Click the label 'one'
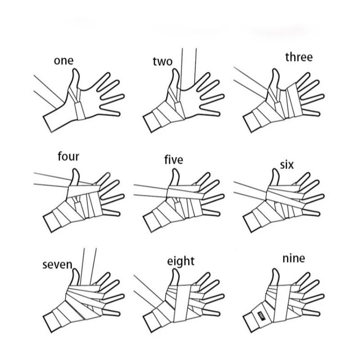63,61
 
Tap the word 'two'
162,61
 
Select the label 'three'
299,57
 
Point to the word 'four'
68,157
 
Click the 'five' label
174,160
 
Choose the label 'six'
287,165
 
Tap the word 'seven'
58,265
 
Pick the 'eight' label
181,261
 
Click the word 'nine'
294,258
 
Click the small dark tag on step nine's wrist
261,315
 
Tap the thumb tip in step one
76,70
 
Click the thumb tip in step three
275,70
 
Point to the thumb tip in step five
175,171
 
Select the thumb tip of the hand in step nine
275,271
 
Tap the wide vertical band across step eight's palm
183,303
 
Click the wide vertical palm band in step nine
283,303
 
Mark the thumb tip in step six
275,171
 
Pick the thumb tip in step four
76,171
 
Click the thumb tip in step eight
175,271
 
